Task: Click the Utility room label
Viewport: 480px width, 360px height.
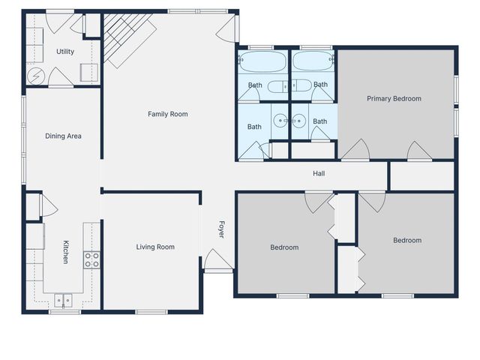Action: [x=65, y=52]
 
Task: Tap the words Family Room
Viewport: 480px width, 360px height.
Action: [x=167, y=114]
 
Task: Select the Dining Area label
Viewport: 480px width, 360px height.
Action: [x=63, y=136]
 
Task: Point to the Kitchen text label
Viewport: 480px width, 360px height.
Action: [x=66, y=252]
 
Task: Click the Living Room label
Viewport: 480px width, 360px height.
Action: [x=155, y=247]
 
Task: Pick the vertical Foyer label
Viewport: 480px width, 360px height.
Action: [x=221, y=229]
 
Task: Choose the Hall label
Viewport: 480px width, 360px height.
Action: [x=319, y=174]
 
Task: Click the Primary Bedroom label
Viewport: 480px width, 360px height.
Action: [x=394, y=98]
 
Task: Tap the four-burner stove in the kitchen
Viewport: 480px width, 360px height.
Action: [x=91, y=259]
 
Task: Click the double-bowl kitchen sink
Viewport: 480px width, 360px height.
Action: [x=63, y=300]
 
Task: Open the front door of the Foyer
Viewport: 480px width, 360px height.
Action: [x=218, y=261]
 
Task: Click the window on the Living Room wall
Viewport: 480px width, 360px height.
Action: [x=151, y=311]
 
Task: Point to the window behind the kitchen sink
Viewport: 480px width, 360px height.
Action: [x=64, y=311]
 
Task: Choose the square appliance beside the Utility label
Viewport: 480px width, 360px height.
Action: [x=88, y=73]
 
